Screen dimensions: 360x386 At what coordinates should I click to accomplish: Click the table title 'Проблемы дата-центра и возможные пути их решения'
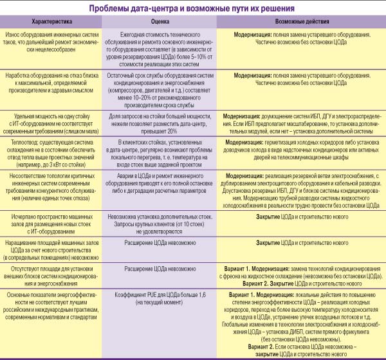coord(193,8)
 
